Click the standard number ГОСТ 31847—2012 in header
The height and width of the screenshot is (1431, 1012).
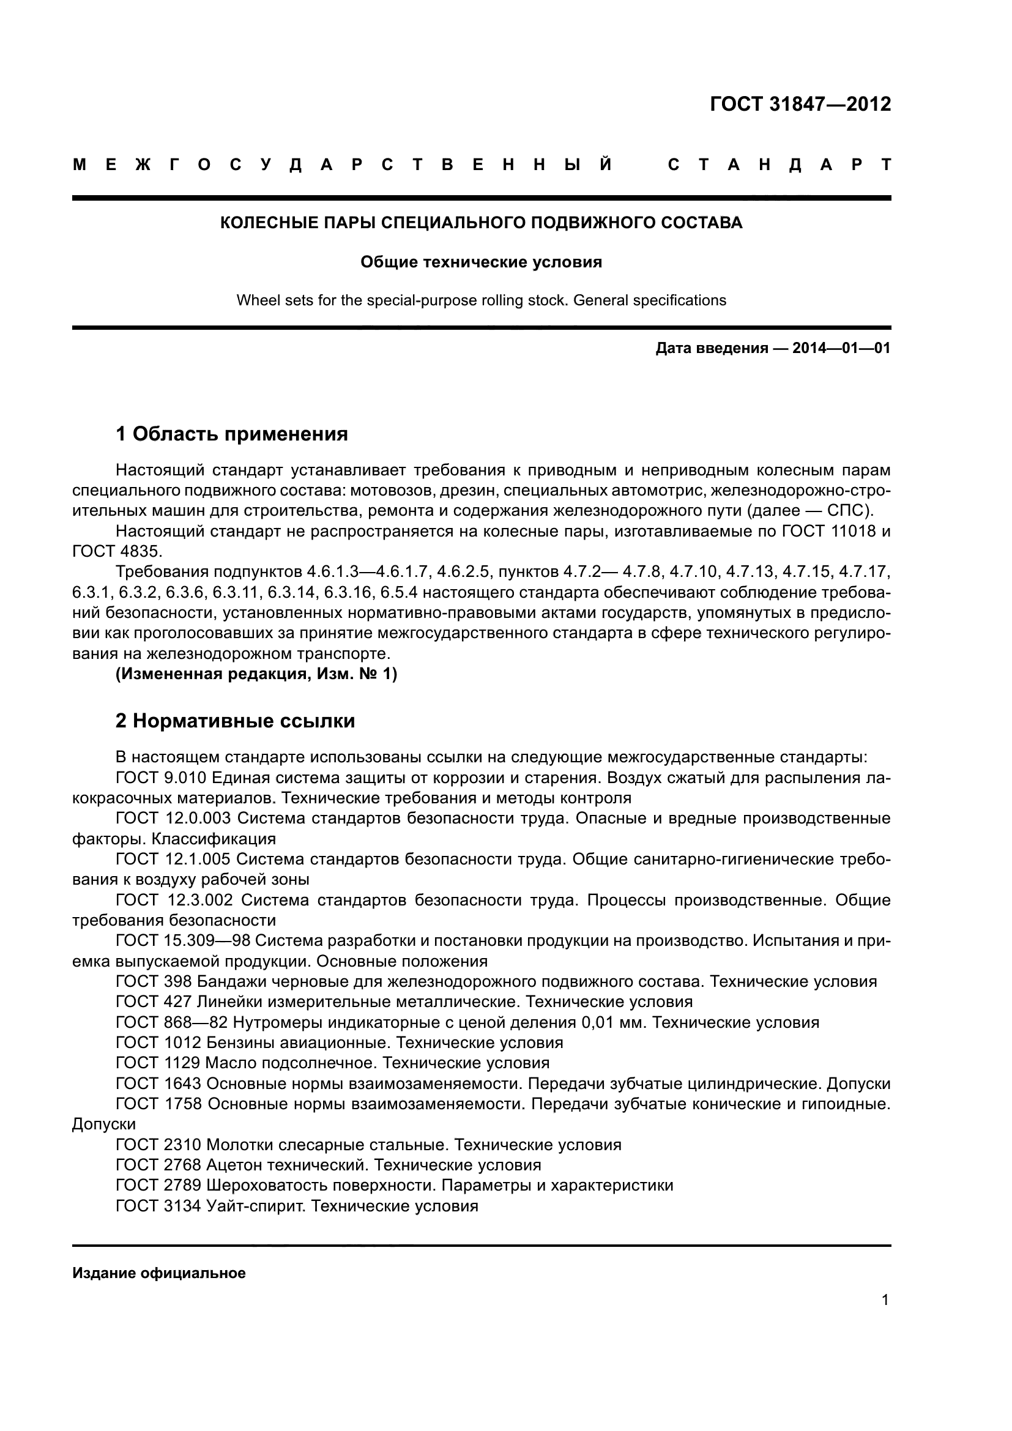(x=800, y=104)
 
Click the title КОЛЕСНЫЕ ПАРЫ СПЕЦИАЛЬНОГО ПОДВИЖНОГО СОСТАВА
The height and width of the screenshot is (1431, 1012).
(x=481, y=223)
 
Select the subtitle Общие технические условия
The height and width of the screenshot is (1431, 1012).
(x=481, y=262)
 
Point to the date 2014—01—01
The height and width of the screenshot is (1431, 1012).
(x=841, y=348)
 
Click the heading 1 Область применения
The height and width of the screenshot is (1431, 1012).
(x=232, y=434)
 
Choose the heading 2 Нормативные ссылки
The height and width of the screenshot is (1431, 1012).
(x=235, y=721)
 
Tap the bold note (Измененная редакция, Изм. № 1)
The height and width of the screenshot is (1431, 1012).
(x=256, y=674)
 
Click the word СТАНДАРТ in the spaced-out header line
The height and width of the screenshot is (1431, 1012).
(x=778, y=165)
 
